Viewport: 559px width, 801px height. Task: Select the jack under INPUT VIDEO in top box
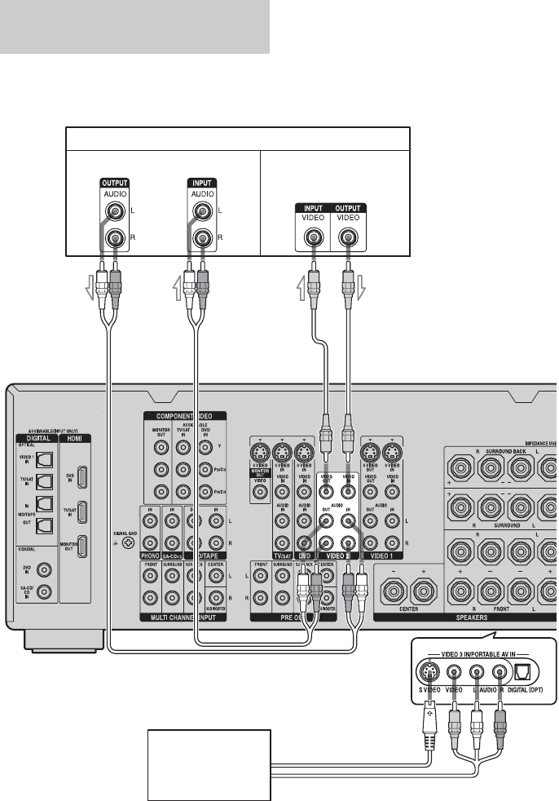tap(313, 238)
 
